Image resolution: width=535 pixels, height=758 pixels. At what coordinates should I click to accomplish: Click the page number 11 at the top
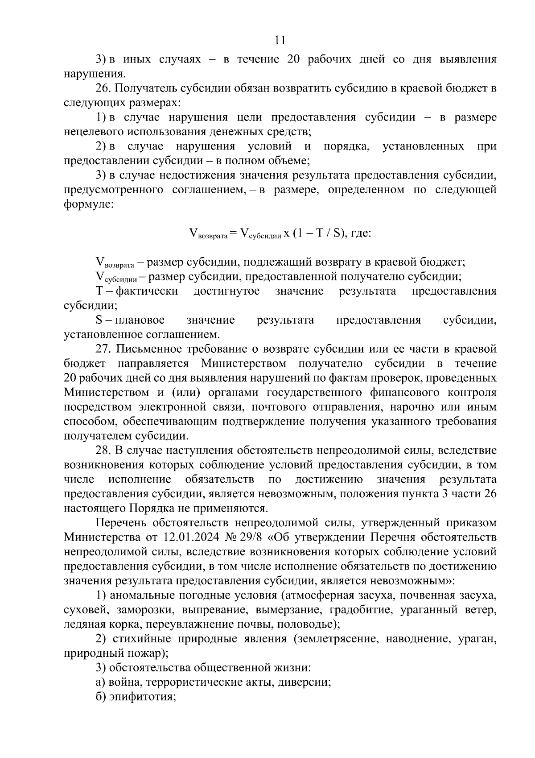280,40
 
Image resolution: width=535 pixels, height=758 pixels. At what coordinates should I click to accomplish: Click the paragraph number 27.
103,349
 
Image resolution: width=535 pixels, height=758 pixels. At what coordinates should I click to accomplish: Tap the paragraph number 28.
103,450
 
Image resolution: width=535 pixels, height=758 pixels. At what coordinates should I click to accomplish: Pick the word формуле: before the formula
89,204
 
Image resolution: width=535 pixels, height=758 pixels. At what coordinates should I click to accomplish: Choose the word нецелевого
93,132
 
